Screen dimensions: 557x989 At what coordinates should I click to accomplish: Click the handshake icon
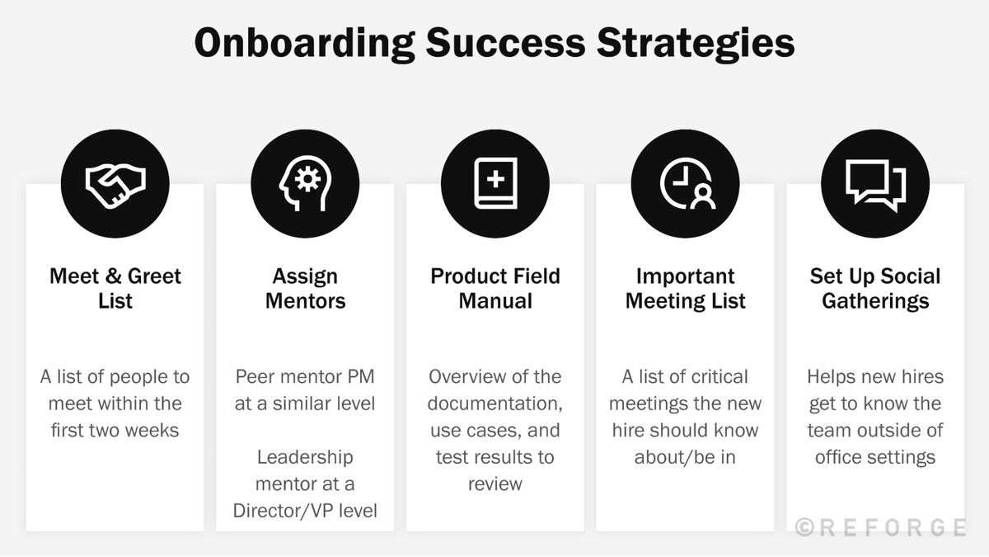pos(115,184)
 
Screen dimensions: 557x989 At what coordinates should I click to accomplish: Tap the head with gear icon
pos(305,184)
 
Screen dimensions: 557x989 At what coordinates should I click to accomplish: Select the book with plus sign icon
pos(495,184)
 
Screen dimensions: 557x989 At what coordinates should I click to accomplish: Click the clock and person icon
pos(686,184)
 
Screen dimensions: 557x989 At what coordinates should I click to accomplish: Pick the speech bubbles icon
pos(875,184)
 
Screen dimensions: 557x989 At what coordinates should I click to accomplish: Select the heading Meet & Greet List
pos(115,288)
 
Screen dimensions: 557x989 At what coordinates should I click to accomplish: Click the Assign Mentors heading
pos(305,288)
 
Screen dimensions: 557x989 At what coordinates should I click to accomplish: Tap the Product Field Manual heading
pos(495,288)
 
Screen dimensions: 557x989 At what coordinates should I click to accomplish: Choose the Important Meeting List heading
pos(686,288)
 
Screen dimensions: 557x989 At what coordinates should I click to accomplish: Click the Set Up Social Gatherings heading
pos(875,288)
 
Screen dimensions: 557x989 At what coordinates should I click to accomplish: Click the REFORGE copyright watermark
pos(880,527)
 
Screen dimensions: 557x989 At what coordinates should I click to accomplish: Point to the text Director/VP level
pos(305,511)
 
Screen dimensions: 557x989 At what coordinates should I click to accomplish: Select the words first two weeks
pos(115,430)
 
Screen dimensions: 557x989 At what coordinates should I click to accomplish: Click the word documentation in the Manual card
pos(495,404)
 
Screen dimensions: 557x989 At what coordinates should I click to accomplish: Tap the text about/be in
pos(686,456)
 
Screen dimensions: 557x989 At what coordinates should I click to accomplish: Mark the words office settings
pos(875,456)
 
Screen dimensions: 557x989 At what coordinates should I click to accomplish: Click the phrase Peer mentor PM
pos(305,377)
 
